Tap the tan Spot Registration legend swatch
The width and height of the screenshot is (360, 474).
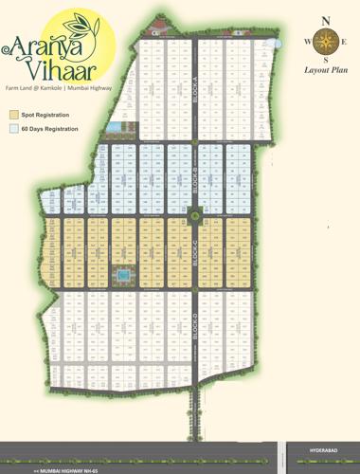click(13, 114)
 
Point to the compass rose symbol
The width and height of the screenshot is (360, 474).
click(327, 42)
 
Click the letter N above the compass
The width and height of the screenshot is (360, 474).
click(327, 20)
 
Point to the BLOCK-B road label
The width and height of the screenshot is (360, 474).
click(194, 177)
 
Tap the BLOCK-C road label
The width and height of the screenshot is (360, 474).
click(194, 258)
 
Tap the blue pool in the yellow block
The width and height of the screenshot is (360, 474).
click(122, 276)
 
